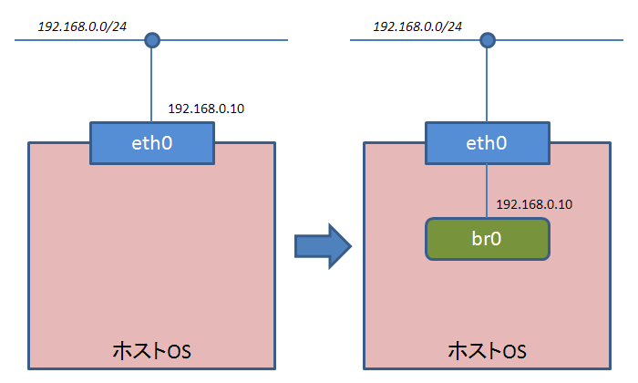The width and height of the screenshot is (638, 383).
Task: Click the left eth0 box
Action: (152, 143)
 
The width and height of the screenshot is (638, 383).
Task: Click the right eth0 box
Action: (488, 143)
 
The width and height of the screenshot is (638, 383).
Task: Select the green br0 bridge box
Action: (488, 239)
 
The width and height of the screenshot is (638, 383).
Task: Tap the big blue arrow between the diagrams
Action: (323, 246)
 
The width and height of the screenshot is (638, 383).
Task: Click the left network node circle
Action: (152, 40)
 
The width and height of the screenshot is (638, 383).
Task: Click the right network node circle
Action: (488, 40)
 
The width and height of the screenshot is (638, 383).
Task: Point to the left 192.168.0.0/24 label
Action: (82, 26)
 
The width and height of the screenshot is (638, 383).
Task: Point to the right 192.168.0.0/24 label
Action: (417, 26)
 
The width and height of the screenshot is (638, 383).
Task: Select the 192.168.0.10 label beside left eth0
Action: (206, 109)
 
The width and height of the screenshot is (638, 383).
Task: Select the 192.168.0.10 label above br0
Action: (534, 204)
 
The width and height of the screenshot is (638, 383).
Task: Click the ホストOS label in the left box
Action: (152, 351)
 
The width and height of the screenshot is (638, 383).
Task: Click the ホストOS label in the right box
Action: (487, 351)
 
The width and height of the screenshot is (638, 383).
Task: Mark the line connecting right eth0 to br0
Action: (487, 191)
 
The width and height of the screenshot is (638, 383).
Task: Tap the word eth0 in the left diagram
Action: (152, 143)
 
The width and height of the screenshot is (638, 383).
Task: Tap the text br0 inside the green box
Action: (487, 239)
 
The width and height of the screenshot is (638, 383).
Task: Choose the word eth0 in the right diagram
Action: (487, 143)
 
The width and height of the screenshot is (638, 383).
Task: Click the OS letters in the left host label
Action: (180, 352)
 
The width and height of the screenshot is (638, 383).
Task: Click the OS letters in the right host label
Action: (515, 352)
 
